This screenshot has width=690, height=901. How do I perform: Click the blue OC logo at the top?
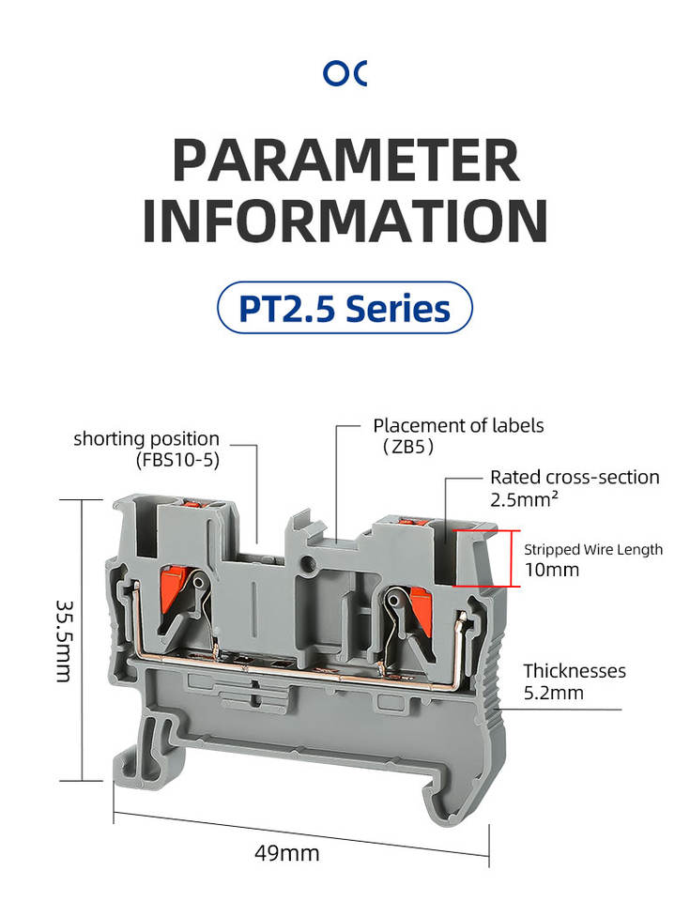(x=345, y=73)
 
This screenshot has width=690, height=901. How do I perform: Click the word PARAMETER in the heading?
(x=346, y=160)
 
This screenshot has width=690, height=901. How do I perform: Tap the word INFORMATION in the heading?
(x=345, y=221)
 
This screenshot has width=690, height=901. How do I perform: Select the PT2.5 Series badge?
(x=345, y=308)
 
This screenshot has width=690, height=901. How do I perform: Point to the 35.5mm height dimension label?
(x=65, y=641)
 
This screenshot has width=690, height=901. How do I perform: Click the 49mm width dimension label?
(x=287, y=853)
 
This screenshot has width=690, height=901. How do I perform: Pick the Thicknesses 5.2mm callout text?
(x=575, y=681)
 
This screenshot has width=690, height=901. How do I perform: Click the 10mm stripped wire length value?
(x=551, y=570)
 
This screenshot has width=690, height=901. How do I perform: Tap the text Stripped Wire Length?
(x=592, y=550)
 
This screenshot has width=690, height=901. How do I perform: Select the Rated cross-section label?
(x=575, y=477)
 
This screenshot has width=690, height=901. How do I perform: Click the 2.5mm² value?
(x=524, y=498)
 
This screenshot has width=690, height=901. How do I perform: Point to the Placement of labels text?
(x=458, y=426)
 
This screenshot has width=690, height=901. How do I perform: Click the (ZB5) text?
(x=408, y=447)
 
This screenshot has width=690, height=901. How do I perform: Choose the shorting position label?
(x=146, y=439)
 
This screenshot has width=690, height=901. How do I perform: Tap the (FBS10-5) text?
(x=177, y=460)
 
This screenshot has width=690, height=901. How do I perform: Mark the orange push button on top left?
(x=193, y=503)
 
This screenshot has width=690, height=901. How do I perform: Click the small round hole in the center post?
(x=310, y=562)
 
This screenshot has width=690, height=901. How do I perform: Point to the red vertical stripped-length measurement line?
(x=512, y=558)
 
